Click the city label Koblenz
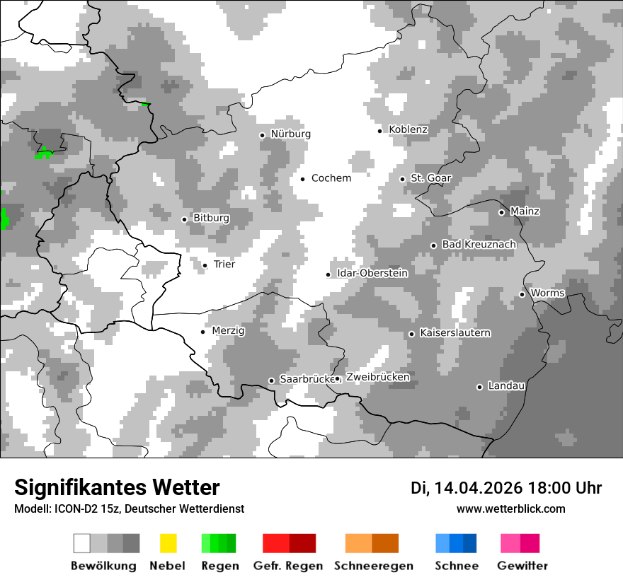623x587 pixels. [x=408, y=130]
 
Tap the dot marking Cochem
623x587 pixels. [x=302, y=179]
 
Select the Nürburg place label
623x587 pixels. [x=290, y=134]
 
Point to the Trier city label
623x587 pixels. [x=224, y=265]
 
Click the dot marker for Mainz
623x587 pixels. [x=501, y=212]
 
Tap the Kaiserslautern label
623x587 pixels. [x=455, y=333]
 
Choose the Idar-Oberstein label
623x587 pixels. [x=372, y=274]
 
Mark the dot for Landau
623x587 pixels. [x=479, y=387]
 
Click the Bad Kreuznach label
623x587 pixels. [x=479, y=245]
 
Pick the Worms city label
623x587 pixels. [x=547, y=293]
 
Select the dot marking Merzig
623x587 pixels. [x=203, y=332]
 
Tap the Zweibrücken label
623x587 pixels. [x=377, y=378]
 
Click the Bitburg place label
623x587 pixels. [x=211, y=219]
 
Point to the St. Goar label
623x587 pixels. [x=430, y=179]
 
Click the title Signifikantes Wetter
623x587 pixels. [x=117, y=488]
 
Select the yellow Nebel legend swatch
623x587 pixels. [x=168, y=543]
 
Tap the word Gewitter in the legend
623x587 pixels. [x=522, y=566]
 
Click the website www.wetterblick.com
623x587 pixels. [x=510, y=509]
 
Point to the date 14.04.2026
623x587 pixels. [x=479, y=488]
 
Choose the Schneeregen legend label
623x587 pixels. [x=374, y=566]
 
